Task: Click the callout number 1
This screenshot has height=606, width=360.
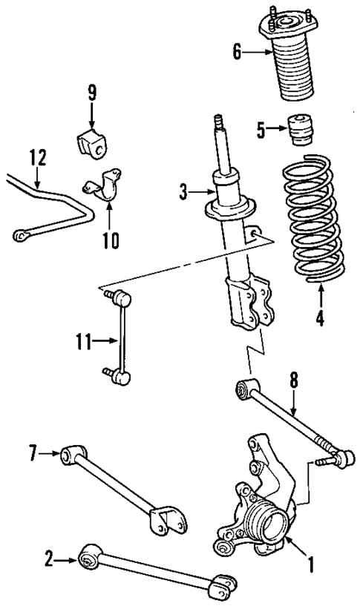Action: (310, 564)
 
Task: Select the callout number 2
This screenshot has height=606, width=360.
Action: (48, 560)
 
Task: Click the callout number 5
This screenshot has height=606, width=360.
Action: (261, 130)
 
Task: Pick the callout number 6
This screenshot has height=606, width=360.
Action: (238, 51)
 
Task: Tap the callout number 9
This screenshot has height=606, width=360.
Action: (91, 93)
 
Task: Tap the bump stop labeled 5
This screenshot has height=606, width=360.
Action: (301, 130)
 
